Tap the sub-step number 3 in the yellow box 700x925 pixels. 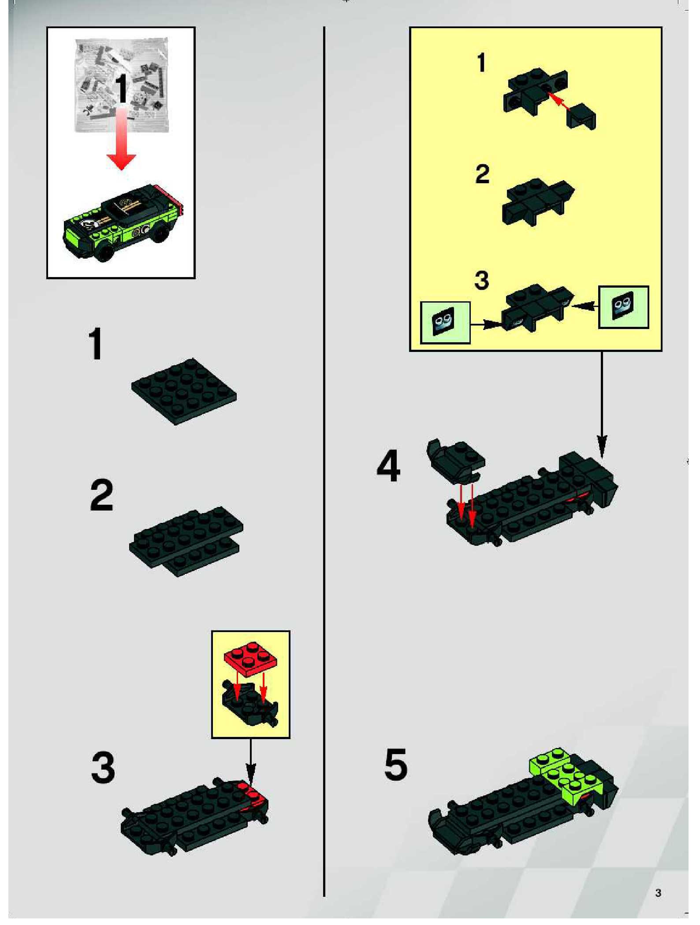pyautogui.click(x=482, y=280)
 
